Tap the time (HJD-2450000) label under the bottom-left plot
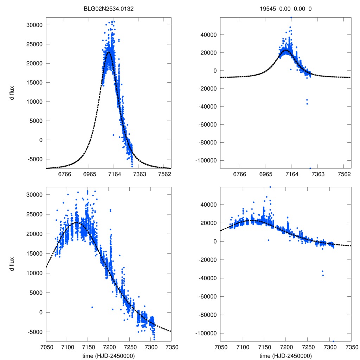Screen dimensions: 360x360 click(x=109, y=356)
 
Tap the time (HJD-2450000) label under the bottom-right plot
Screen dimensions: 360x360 click(x=286, y=356)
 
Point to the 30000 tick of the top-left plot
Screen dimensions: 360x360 click(x=35, y=25)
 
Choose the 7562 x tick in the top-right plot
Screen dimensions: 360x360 click(x=344, y=174)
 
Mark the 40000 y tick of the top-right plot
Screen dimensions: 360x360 click(x=210, y=35)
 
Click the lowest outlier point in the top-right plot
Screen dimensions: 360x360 click(x=310, y=168)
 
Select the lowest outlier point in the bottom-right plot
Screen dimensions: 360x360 click(x=333, y=341)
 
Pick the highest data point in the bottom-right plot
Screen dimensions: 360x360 click(x=270, y=187)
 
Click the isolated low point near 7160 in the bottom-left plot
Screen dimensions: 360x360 click(x=92, y=307)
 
